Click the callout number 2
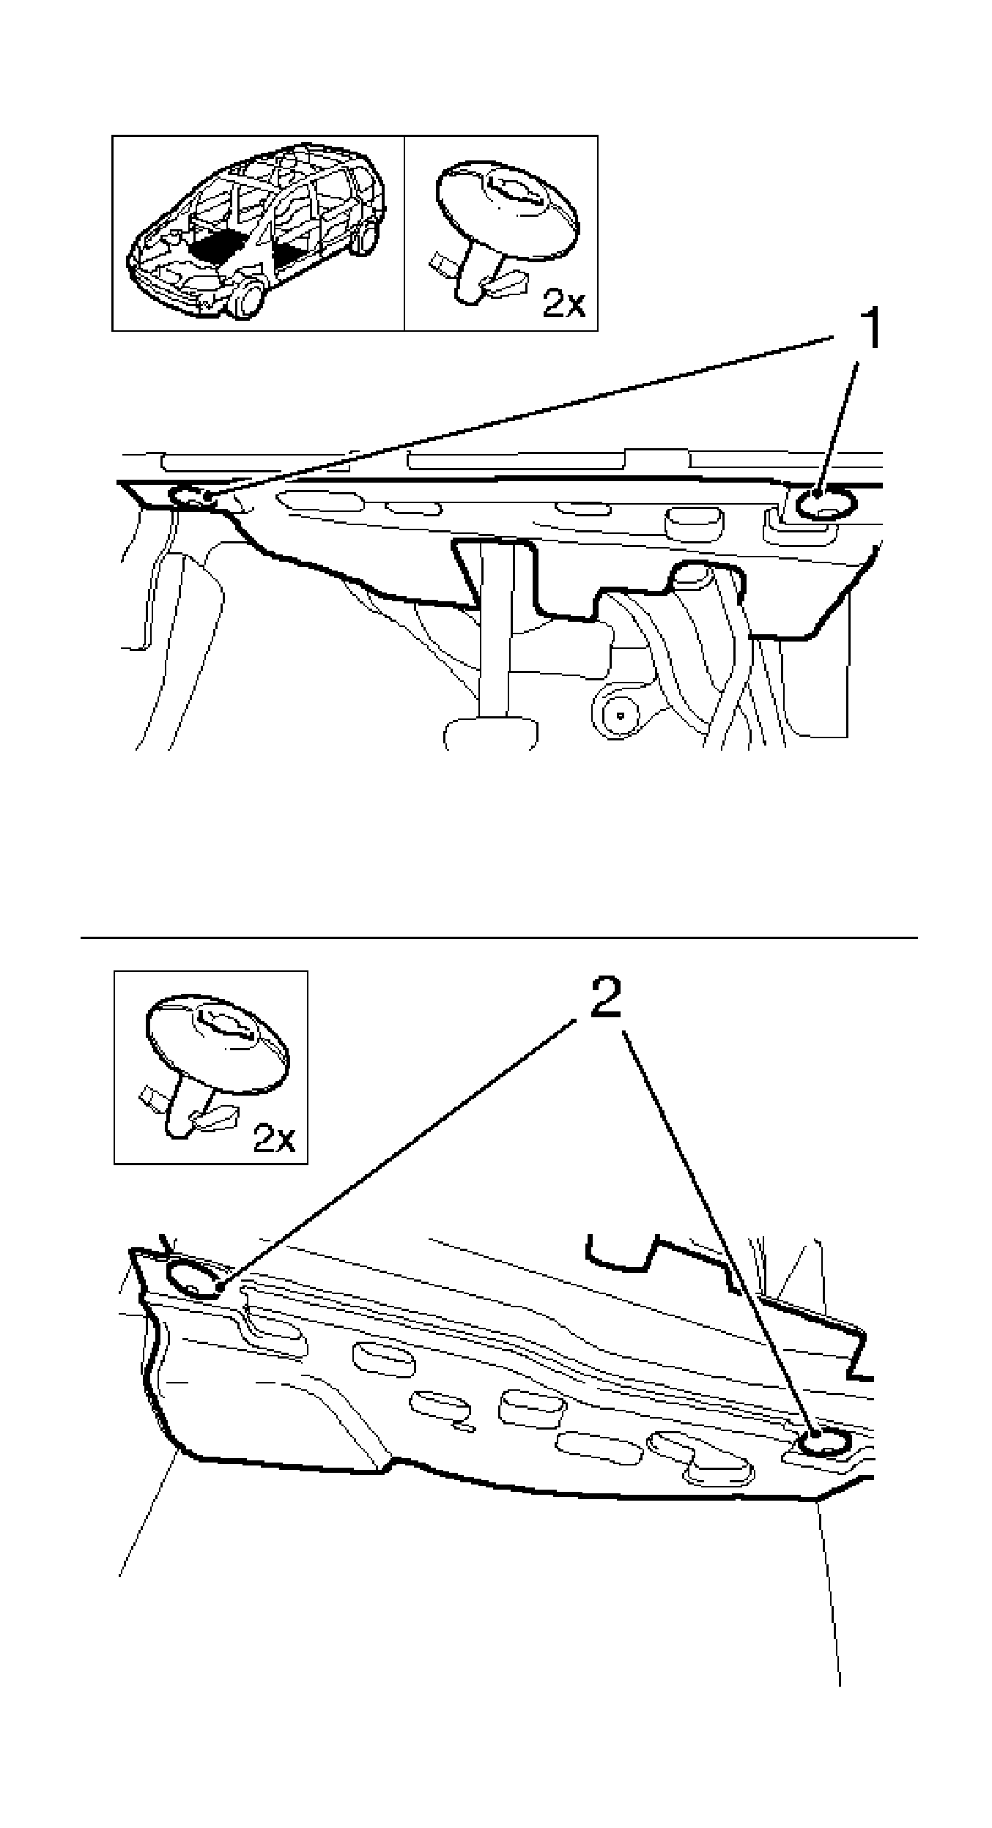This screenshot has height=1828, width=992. coord(605,996)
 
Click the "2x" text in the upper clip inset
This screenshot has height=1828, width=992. coord(563,303)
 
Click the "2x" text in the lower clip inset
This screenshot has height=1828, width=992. coord(274,1137)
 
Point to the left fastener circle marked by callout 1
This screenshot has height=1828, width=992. coord(191,497)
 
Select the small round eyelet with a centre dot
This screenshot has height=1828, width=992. coord(621,713)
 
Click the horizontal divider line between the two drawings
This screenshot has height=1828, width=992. coord(498,937)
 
